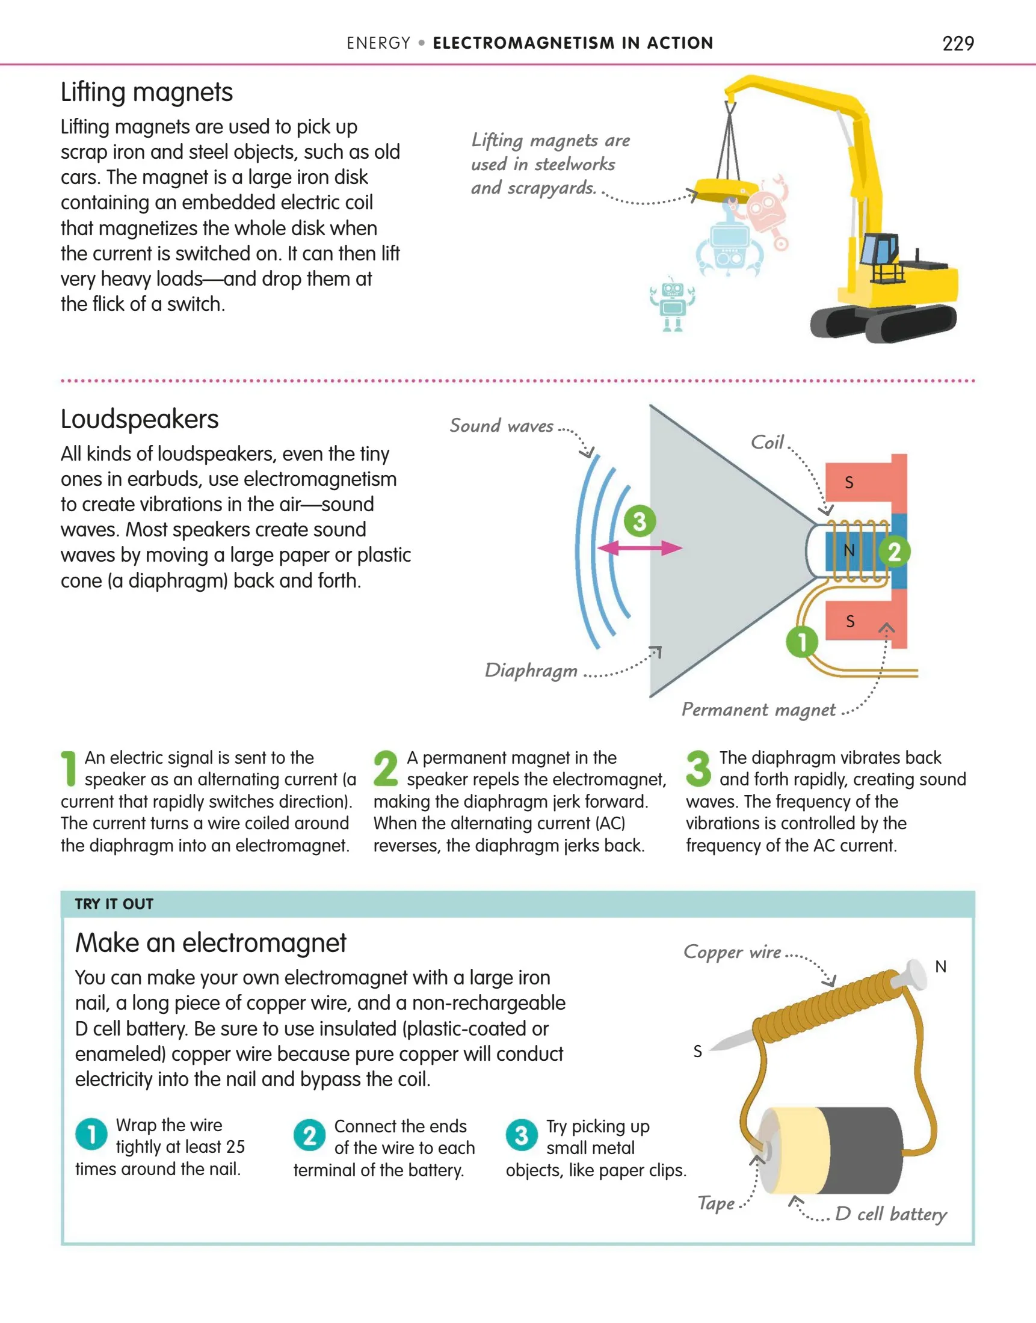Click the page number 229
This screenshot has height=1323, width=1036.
958,44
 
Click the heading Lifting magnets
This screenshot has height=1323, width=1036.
146,93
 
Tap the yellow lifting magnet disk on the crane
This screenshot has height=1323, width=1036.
726,188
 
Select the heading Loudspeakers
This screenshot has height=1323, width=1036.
140,420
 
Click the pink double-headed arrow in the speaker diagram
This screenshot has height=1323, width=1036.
640,548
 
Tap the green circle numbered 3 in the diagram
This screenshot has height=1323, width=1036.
640,521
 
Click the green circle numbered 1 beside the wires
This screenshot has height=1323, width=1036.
802,642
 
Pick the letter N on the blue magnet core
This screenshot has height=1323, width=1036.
848,550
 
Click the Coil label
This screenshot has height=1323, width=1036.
767,443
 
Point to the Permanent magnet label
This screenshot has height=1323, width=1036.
758,710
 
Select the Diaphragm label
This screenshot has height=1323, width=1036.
531,671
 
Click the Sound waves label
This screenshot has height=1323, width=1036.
501,426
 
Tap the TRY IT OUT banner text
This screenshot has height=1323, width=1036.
114,904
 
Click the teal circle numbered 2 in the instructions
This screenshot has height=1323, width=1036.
309,1135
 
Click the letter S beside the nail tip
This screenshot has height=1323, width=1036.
697,1051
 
